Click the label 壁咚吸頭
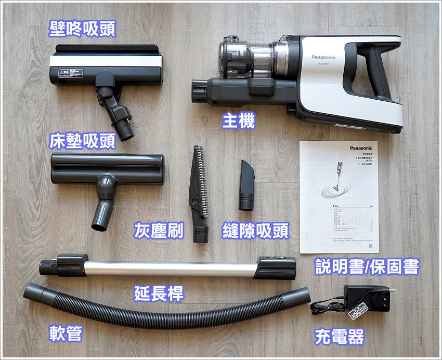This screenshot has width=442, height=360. (x=82, y=29)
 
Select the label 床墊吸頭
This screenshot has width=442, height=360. (x=82, y=141)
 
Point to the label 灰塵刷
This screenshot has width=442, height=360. (x=159, y=230)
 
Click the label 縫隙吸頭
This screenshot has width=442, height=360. (x=255, y=230)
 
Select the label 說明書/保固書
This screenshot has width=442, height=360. (x=367, y=267)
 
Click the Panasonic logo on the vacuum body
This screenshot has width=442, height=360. (x=323, y=57)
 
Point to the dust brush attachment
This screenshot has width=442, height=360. (x=198, y=192)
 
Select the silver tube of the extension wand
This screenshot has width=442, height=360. (x=172, y=269)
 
